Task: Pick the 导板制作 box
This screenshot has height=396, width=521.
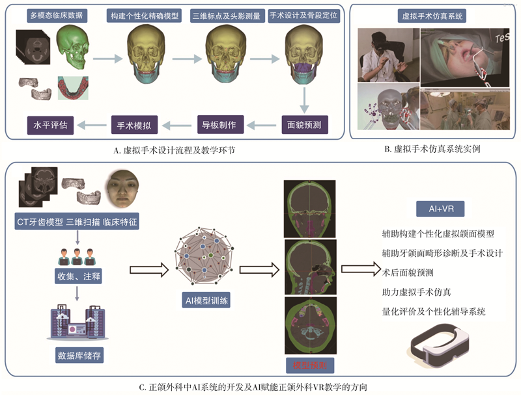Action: click(218, 122)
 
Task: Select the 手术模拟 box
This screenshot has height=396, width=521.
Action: click(134, 122)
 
